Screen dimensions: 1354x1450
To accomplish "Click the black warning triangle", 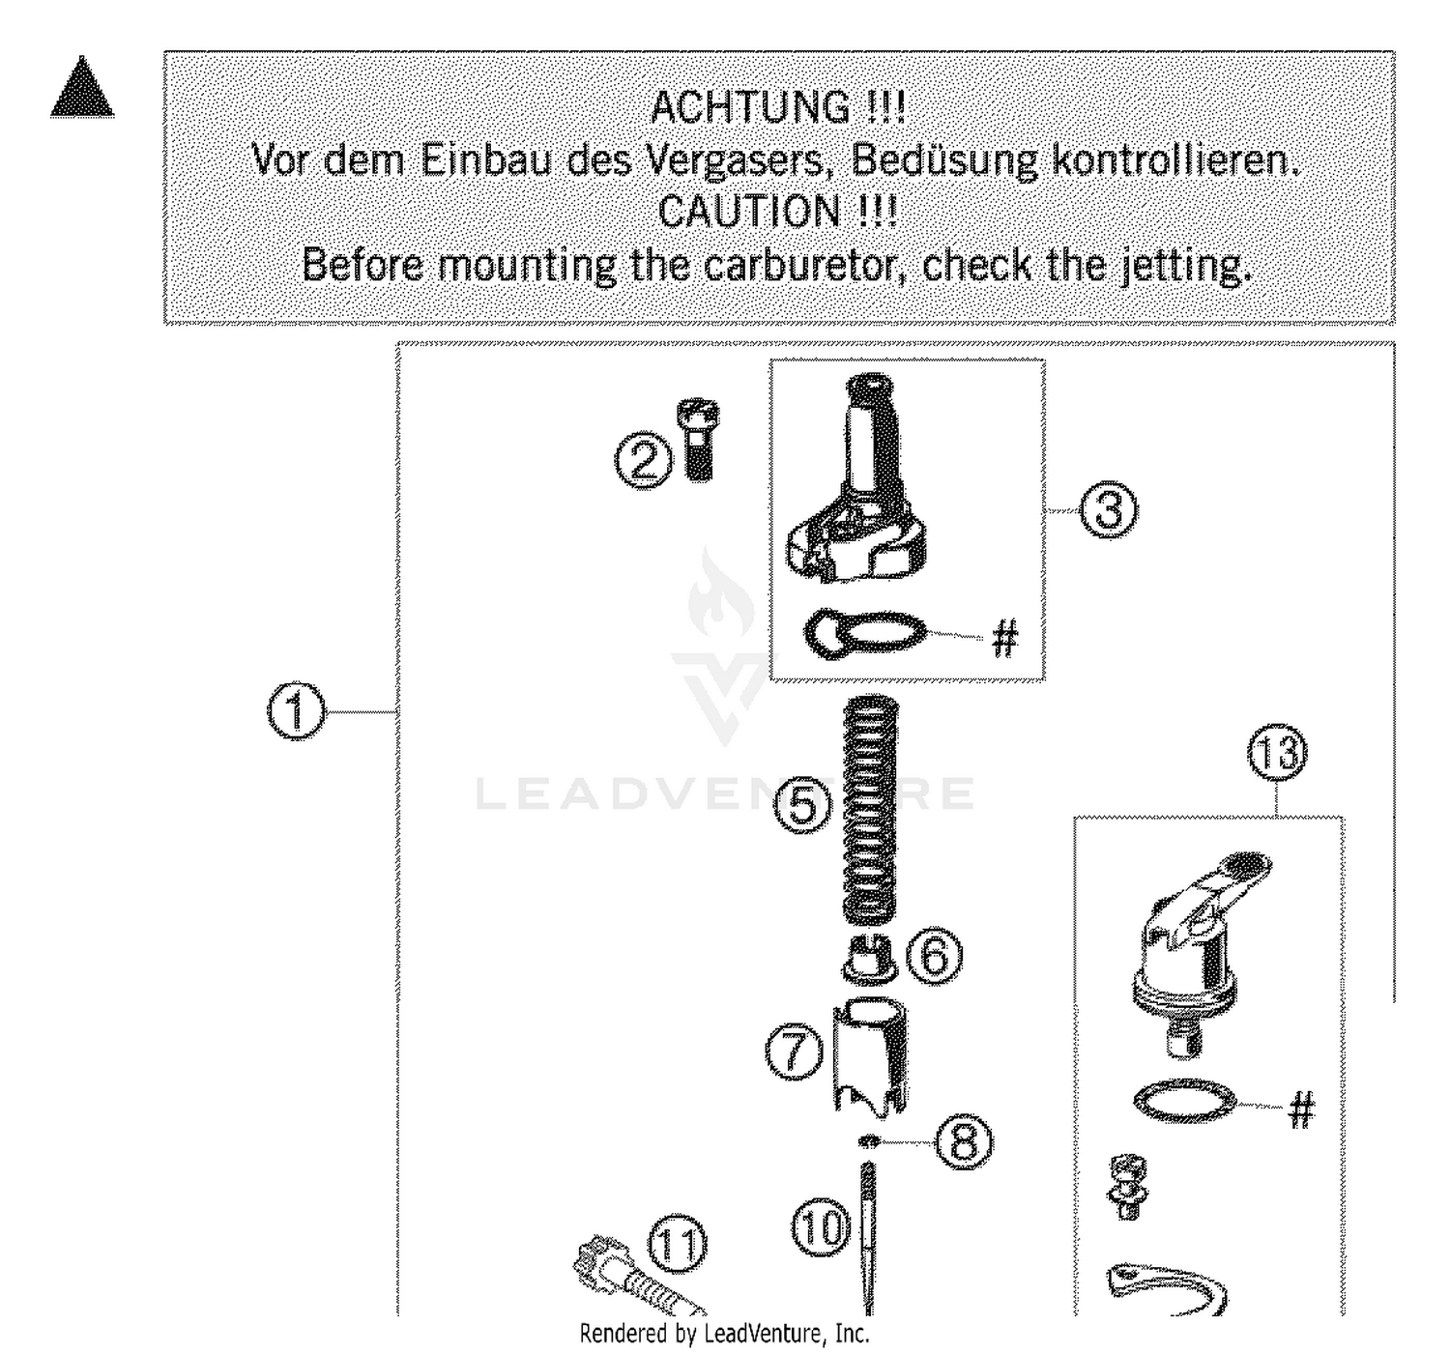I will (82, 90).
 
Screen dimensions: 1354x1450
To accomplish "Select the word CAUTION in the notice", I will (750, 212).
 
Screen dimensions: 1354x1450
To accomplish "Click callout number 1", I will (296, 712).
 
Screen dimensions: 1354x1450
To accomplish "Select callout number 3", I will (1108, 509).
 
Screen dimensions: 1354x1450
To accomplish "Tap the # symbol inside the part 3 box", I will (1005, 638).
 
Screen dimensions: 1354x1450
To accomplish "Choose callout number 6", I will (935, 956).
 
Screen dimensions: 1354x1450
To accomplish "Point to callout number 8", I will (963, 1142).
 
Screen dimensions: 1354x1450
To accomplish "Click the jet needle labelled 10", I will (867, 1237).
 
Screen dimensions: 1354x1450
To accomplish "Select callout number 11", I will (676, 1245).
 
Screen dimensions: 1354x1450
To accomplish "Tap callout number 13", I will (1276, 755).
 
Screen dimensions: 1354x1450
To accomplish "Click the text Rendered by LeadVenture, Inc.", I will (724, 1335).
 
